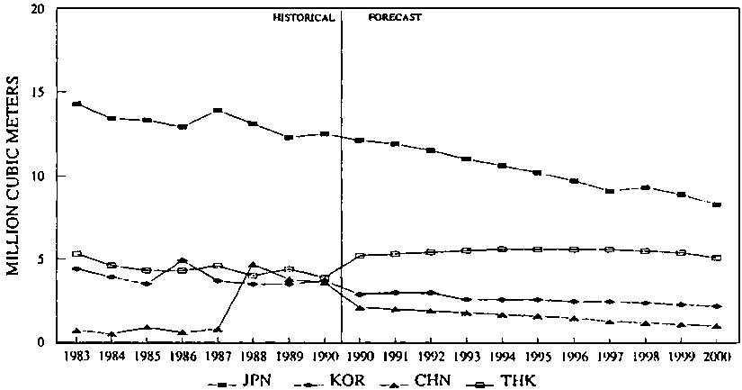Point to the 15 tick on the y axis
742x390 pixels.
(x=35, y=93)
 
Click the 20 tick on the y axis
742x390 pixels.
(x=35, y=10)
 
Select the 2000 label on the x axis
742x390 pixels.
(x=717, y=357)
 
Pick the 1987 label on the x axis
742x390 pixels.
(x=219, y=357)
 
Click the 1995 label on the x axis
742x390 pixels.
(x=537, y=357)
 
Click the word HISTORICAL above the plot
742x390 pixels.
(x=304, y=17)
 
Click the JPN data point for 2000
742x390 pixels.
(x=717, y=205)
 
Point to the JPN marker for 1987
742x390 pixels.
(x=219, y=111)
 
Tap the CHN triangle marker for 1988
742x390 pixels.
(x=253, y=265)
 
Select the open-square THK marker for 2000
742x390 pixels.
(x=717, y=258)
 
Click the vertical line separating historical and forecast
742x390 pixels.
(x=343, y=180)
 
